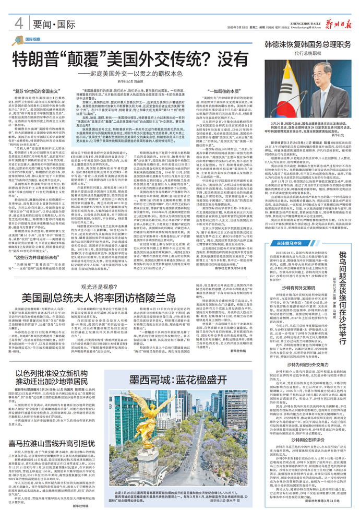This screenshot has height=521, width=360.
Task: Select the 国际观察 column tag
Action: (x=33, y=39)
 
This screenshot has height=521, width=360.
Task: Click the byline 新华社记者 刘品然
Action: (x=128, y=81)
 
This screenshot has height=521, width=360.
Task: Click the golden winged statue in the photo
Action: (x=151, y=418)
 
